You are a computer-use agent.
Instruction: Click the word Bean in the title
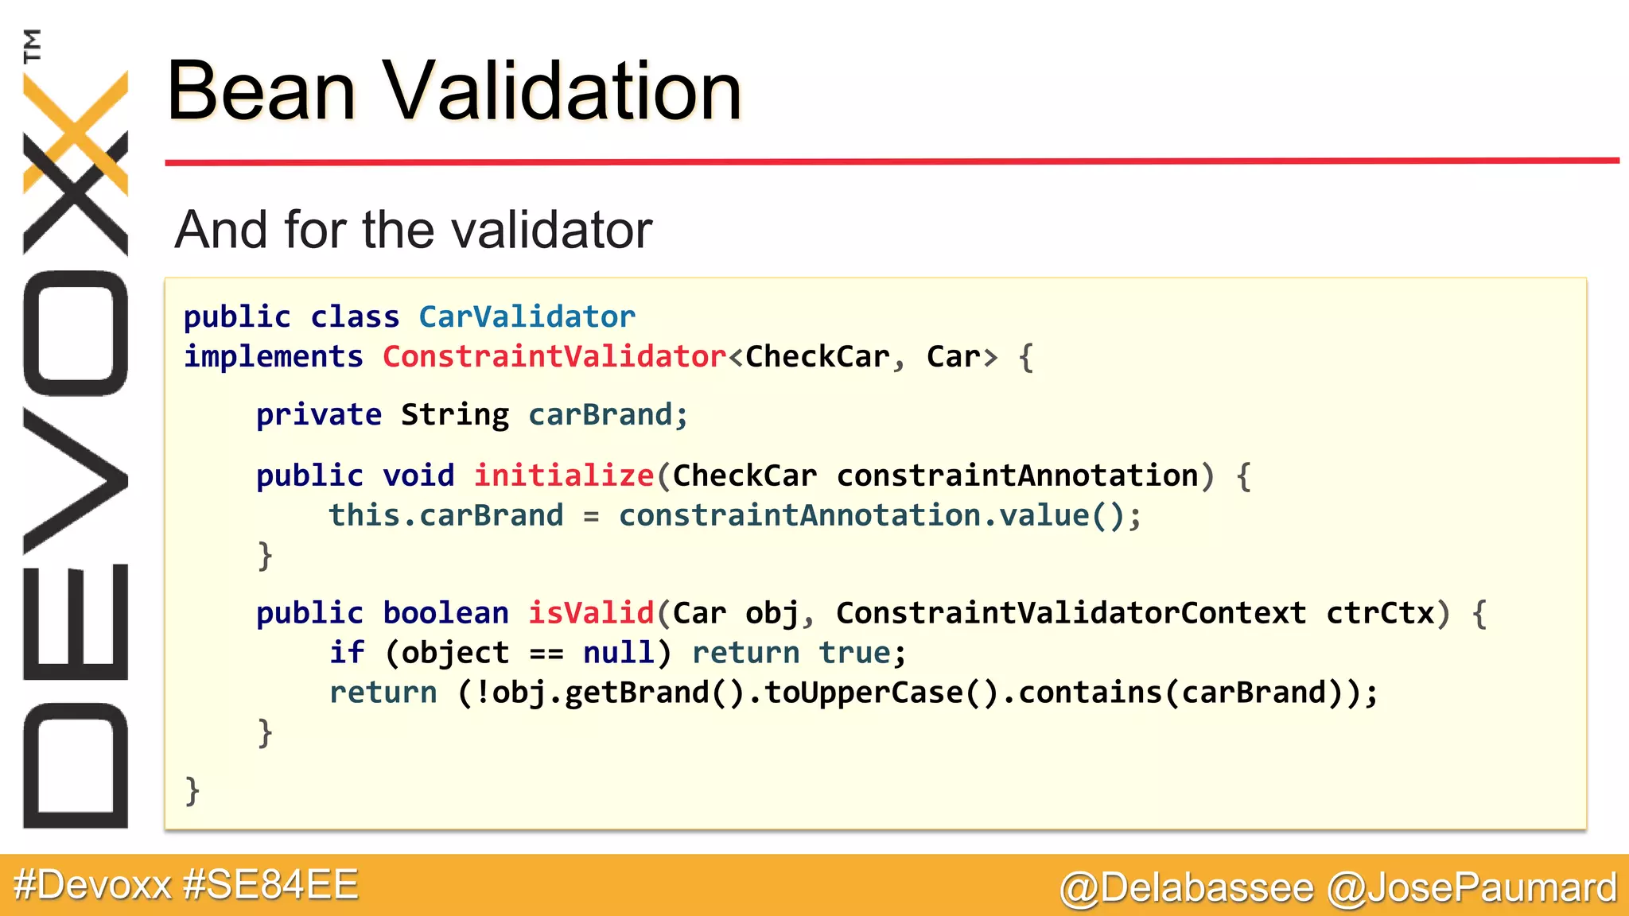(260, 91)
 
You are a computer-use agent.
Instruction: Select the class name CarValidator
(527, 317)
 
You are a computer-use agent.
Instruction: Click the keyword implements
(274, 357)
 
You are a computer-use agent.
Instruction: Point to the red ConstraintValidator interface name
(554, 357)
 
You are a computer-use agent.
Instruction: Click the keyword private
(318, 415)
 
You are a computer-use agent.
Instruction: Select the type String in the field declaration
(454, 415)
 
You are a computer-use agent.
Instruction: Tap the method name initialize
(564, 475)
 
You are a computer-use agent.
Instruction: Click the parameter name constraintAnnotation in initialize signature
(1017, 475)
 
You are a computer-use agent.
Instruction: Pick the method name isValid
(591, 613)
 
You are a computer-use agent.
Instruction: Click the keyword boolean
(445, 613)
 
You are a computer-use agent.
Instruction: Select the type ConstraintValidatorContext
(1071, 613)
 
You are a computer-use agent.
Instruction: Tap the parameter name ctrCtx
(1380, 613)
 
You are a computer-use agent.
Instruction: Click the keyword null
(618, 653)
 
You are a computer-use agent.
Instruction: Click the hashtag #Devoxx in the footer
(93, 885)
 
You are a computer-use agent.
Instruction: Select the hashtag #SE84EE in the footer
(270, 885)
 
